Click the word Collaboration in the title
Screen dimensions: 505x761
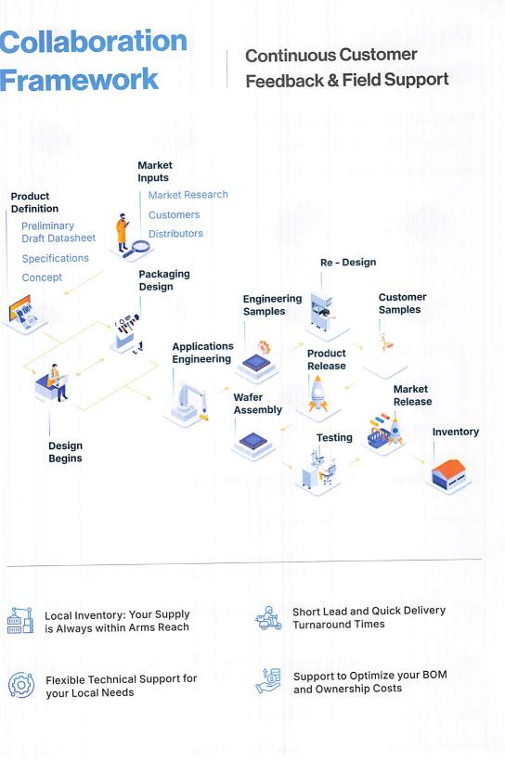tap(93, 41)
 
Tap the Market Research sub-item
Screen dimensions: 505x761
tap(188, 195)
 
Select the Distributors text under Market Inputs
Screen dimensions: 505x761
tap(175, 234)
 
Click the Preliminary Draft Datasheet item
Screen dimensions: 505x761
tap(58, 232)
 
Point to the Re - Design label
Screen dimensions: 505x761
tap(348, 262)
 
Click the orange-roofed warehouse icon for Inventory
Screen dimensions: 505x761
tap(449, 474)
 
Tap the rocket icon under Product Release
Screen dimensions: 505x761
tap(318, 393)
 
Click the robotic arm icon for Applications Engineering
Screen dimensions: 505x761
tap(192, 400)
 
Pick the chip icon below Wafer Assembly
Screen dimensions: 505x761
tap(253, 441)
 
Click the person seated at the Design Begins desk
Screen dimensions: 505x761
tap(57, 381)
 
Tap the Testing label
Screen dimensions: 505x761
tap(334, 438)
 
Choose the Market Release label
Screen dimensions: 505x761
tap(413, 395)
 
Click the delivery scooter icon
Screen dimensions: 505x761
tap(268, 618)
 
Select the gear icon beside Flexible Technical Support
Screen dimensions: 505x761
tap(21, 685)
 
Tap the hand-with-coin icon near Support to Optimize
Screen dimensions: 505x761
tap(268, 680)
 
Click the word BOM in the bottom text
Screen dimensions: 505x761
tap(434, 675)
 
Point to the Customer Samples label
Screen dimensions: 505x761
tap(403, 303)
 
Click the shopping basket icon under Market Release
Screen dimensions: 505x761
tap(379, 438)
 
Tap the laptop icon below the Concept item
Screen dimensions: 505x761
tap(23, 311)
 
